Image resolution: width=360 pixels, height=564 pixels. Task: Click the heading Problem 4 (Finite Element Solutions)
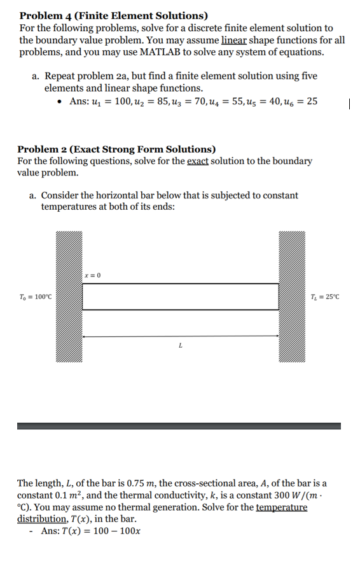tap(113, 15)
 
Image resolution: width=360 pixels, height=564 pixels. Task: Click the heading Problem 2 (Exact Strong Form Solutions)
tap(116, 149)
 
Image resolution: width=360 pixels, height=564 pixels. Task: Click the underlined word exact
tap(197, 161)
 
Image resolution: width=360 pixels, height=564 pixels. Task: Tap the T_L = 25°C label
tap(326, 296)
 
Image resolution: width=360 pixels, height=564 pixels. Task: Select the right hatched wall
tap(292, 296)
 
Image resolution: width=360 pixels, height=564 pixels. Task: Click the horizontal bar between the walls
tap(180, 296)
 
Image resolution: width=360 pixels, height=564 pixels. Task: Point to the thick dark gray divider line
tap(179, 426)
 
